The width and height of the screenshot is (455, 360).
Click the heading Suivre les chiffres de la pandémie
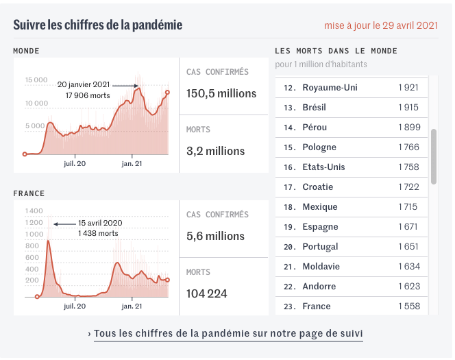pyautogui.click(x=98, y=25)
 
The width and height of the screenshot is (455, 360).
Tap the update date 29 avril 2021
pyautogui.click(x=381, y=25)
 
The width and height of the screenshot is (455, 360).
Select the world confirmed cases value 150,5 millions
pyautogui.click(x=221, y=93)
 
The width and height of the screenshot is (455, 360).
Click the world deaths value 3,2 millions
pyautogui.click(x=215, y=151)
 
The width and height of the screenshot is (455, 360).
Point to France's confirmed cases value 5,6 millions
pyautogui.click(x=215, y=236)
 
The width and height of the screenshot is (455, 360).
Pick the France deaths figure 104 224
pyautogui.click(x=206, y=293)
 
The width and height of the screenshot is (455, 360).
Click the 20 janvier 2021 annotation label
pyautogui.click(x=83, y=84)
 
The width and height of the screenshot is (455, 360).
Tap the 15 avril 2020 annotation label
pyautogui.click(x=100, y=223)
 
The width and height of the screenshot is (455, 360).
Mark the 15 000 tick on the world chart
pyautogui.click(x=36, y=80)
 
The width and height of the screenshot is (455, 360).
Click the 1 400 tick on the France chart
pyautogui.click(x=34, y=211)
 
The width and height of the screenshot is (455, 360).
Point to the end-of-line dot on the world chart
pyautogui.click(x=168, y=92)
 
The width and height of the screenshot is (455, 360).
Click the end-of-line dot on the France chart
pyautogui.click(x=168, y=280)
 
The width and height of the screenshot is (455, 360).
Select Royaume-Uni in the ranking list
pyautogui.click(x=330, y=88)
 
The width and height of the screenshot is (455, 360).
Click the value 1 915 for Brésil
pyautogui.click(x=408, y=108)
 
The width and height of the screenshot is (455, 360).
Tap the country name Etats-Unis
pyautogui.click(x=323, y=167)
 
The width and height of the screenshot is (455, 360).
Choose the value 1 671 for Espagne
pyautogui.click(x=408, y=227)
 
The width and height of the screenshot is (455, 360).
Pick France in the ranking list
pyautogui.click(x=317, y=307)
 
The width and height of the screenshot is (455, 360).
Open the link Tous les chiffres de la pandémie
pyautogui.click(x=228, y=334)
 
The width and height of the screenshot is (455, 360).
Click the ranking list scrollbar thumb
pyautogui.click(x=433, y=156)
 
